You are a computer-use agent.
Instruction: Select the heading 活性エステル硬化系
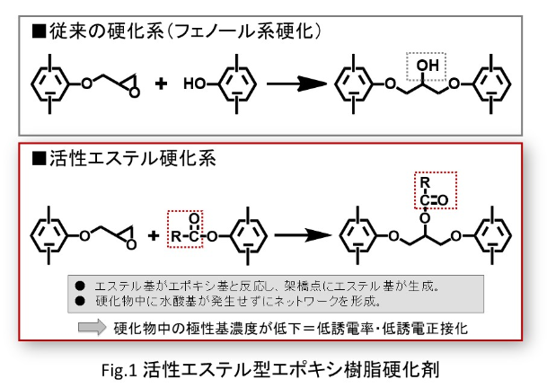click(119, 159)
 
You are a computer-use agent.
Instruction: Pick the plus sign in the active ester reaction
click(153, 236)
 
